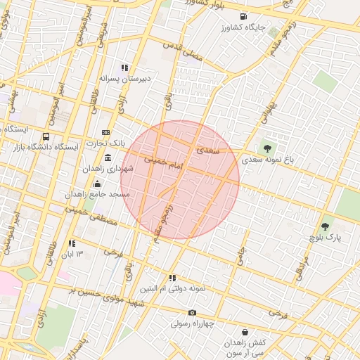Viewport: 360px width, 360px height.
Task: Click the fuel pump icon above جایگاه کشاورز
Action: pyautogui.click(x=243, y=16)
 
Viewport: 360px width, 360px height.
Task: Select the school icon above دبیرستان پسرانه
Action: pyautogui.click(x=124, y=67)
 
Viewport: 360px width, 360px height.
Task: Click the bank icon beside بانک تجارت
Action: pyautogui.click(x=106, y=132)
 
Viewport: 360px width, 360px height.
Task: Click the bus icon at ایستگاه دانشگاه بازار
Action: pyautogui.click(x=46, y=136)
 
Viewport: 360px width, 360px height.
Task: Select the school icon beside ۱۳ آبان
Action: pyautogui.click(x=71, y=243)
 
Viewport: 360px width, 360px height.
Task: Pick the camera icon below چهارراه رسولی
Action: pyautogui.click(x=192, y=313)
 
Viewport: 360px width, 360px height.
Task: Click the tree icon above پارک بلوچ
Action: pyautogui.click(x=324, y=226)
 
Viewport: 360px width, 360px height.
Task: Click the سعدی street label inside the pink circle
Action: pyautogui.click(x=208, y=149)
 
